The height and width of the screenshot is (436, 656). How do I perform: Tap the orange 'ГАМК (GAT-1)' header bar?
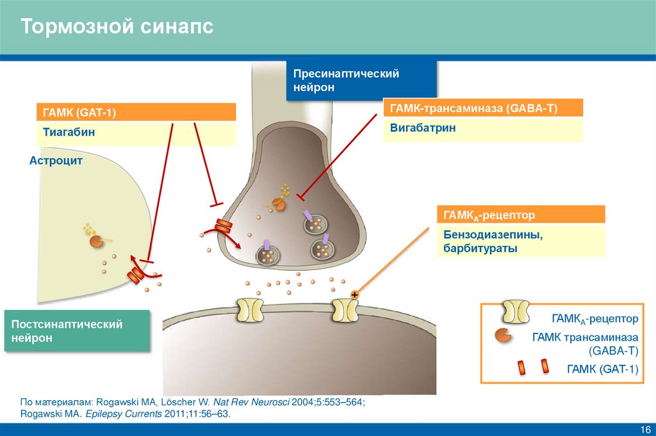pyautogui.click(x=136, y=112)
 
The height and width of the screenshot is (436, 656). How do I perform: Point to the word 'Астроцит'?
pyautogui.click(x=56, y=161)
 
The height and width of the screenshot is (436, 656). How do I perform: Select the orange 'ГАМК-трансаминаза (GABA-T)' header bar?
pyautogui.click(x=482, y=108)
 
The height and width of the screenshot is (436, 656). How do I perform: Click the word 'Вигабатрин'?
pyautogui.click(x=423, y=128)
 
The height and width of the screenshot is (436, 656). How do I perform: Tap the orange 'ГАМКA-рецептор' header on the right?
pyautogui.click(x=521, y=214)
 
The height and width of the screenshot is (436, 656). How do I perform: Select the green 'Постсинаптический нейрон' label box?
pyautogui.click(x=77, y=331)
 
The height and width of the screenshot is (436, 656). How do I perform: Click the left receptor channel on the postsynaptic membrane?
pyautogui.click(x=249, y=309)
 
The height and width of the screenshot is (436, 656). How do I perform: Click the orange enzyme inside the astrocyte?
pyautogui.click(x=95, y=242)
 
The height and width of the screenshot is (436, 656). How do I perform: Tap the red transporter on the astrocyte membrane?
pyautogui.click(x=135, y=275)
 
